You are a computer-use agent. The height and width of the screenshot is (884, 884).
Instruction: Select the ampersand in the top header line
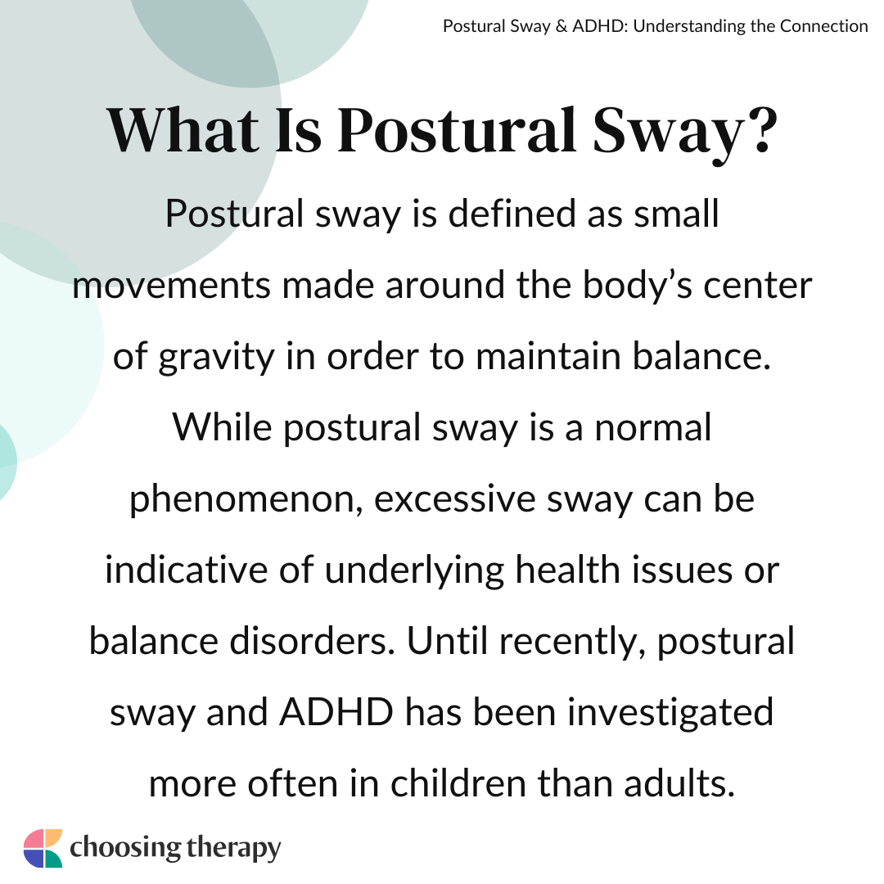tap(561, 26)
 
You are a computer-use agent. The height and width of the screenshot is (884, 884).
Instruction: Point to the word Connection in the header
tap(823, 26)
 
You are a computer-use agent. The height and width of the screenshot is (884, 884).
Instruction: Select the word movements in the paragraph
tap(171, 286)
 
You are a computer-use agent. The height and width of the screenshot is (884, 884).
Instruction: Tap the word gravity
tap(216, 358)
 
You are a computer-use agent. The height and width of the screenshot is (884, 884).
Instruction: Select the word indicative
tap(186, 570)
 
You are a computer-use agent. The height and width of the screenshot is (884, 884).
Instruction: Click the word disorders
tap(313, 642)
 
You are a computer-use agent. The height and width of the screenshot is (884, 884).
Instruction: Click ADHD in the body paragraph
tap(336, 713)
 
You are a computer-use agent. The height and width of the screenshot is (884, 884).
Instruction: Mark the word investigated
tap(670, 713)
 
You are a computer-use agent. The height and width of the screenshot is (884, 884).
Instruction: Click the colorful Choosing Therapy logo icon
tap(43, 848)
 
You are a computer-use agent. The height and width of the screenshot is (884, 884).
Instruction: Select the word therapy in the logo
tap(233, 849)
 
